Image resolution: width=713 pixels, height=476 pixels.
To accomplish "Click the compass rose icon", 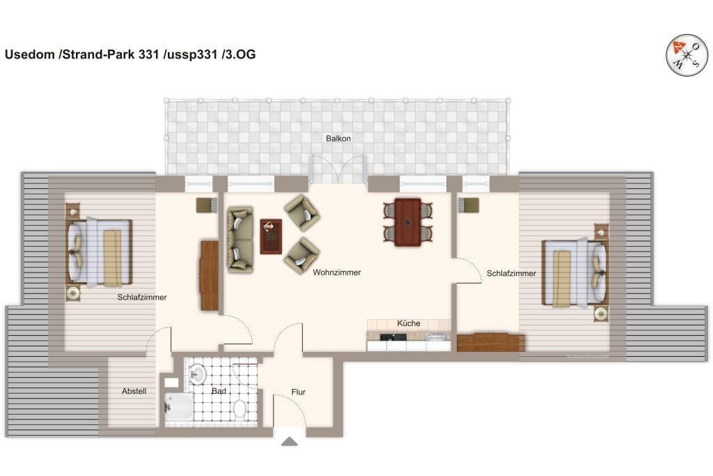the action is [687, 55].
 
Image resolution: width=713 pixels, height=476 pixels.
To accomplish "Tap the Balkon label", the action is [338, 139].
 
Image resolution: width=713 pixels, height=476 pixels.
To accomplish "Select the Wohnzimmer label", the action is [336, 272].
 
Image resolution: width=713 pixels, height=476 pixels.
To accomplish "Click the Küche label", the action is [408, 323].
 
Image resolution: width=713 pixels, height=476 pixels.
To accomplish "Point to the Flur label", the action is [298, 392].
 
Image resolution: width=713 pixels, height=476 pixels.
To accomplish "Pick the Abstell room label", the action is [134, 391].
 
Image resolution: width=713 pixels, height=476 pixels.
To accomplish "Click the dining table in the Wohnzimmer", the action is [407, 222].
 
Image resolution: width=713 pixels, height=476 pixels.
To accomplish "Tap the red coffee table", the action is [271, 236].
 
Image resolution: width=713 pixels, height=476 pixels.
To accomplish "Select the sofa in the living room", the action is [240, 240].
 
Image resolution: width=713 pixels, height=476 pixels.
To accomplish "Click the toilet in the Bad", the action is [240, 408].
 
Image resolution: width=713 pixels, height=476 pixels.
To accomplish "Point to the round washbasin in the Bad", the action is [197, 374].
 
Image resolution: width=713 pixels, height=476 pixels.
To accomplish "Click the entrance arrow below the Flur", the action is [290, 441].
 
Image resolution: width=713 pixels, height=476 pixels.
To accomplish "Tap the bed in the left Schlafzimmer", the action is [100, 252].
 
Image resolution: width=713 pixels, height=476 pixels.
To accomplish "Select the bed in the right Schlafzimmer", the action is [575, 272].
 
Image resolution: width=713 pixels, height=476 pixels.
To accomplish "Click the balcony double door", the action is [338, 169].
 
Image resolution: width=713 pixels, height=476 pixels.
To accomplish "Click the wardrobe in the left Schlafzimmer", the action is [209, 275].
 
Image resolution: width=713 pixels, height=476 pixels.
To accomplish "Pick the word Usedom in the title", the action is [31, 54].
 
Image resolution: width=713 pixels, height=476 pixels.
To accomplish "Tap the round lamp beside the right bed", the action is [601, 314].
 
